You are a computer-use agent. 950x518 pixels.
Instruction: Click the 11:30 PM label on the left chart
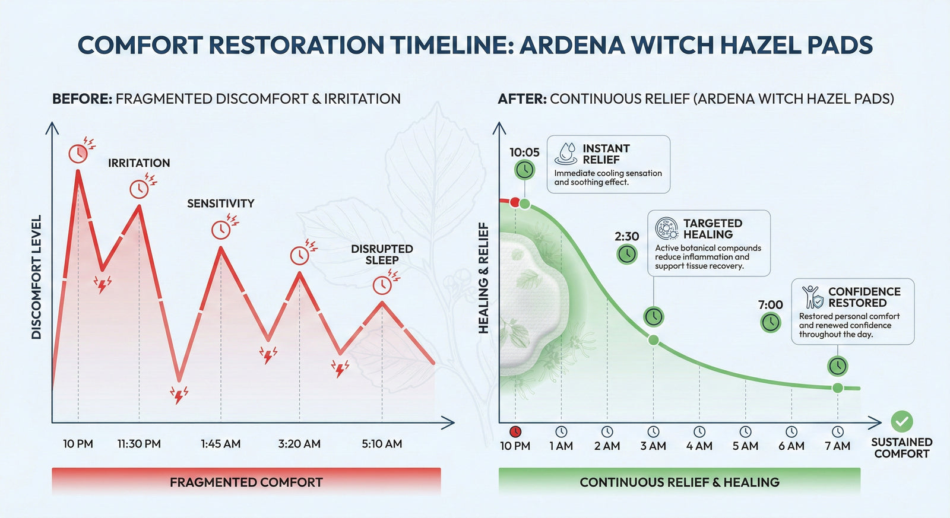139,444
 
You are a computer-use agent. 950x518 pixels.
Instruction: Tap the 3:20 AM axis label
299,444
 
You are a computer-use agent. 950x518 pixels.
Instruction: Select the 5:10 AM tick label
382,444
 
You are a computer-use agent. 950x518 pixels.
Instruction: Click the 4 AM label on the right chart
699,446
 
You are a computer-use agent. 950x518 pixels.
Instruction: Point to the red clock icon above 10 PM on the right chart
515,432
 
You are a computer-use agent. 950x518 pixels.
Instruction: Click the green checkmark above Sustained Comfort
902,421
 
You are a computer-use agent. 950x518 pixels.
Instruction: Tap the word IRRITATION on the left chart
139,163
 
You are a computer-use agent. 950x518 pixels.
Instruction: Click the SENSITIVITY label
220,204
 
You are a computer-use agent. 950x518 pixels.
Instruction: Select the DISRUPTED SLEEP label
382,255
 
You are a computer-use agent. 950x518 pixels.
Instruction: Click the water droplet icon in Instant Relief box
566,153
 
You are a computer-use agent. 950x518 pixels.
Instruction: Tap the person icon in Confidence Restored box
812,297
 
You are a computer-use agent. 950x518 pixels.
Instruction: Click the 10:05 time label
524,152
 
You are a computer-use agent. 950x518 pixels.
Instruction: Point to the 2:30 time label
626,236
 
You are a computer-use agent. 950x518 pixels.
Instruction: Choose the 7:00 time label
770,305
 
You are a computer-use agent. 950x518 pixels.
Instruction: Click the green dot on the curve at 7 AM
838,388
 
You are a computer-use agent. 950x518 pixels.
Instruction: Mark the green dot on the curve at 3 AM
654,340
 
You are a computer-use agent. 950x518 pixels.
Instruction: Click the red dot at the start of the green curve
515,202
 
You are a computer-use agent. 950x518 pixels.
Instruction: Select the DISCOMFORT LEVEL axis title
36,277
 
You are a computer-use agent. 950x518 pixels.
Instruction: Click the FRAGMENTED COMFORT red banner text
246,482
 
